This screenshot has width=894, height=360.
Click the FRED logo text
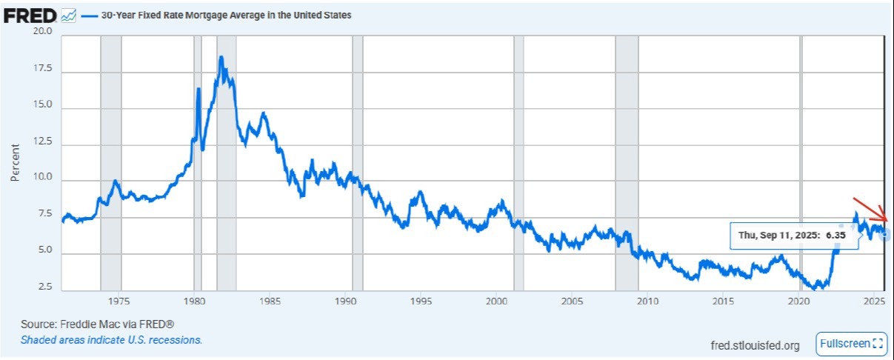coord(30,16)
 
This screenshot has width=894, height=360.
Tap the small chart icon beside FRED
coord(69,16)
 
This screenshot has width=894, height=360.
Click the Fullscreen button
coord(851,344)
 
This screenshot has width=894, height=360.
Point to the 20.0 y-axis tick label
coord(42,31)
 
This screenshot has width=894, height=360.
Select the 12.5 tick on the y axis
coord(42,141)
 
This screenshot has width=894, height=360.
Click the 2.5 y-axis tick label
coord(45,286)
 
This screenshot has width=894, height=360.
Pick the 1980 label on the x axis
coord(194,301)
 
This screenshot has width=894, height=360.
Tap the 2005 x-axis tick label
coord(572,301)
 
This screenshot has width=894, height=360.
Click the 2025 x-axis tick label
coord(874,301)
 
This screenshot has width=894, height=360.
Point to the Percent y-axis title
coord(15,162)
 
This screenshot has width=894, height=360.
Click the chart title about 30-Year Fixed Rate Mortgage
coord(227,15)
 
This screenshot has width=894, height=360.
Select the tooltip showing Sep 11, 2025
coord(794,236)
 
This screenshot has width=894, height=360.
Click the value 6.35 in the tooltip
coord(835,235)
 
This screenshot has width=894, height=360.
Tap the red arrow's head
coord(886,220)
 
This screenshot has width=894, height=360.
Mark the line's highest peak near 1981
coord(221,57)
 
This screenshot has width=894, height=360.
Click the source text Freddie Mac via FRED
coord(97,324)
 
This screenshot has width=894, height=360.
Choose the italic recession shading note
coord(111,340)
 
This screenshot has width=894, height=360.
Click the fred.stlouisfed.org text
coord(755,346)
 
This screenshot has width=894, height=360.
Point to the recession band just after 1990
coord(358,163)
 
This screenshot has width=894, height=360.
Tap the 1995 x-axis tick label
coord(421,301)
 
